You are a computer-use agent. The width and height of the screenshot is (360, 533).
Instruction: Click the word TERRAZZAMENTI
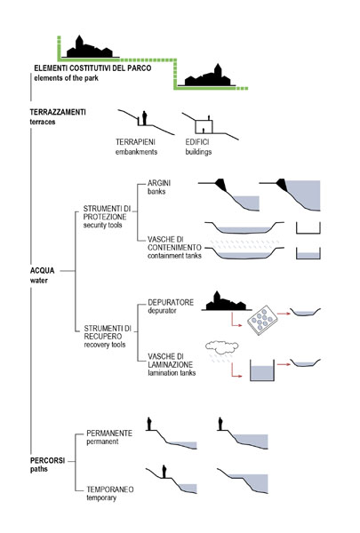[58, 112]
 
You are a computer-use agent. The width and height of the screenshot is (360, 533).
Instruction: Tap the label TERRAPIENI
[135, 142]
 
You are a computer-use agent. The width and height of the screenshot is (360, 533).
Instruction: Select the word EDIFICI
[197, 142]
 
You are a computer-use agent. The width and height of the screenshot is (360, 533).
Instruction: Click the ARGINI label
[159, 183]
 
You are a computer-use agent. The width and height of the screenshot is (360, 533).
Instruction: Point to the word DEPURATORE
[171, 303]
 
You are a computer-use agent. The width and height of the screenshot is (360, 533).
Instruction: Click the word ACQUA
[42, 271]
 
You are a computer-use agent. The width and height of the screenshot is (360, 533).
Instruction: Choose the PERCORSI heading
[47, 461]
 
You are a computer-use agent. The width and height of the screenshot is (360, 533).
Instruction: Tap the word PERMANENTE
[109, 434]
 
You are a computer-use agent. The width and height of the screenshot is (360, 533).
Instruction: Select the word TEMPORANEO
[110, 489]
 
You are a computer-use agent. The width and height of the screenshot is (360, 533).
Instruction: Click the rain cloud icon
[222, 346]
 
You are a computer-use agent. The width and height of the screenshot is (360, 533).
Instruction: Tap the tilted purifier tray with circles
[262, 320]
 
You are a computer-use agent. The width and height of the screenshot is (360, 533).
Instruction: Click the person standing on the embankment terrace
[144, 117]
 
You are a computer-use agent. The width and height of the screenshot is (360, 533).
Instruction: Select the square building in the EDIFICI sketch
[204, 126]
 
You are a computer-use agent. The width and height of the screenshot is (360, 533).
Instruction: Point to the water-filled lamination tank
[262, 370]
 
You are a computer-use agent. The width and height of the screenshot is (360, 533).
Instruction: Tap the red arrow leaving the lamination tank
[284, 364]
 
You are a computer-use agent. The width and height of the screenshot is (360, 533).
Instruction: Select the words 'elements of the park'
[66, 78]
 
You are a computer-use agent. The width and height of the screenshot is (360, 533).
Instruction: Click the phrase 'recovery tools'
[105, 345]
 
